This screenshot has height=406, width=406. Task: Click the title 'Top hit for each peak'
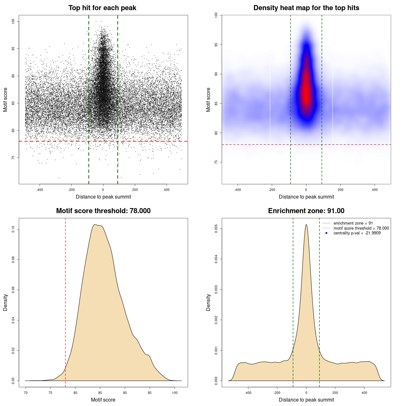pyautogui.click(x=102, y=8)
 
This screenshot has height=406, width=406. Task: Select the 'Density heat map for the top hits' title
pyautogui.click(x=306, y=8)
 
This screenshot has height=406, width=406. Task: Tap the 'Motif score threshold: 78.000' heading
pyautogui.click(x=103, y=211)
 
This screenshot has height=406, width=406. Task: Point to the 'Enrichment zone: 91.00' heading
pyautogui.click(x=306, y=211)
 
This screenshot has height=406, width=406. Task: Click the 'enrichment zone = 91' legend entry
pyautogui.click(x=353, y=223)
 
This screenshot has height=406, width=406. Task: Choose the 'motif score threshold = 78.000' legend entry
pyautogui.click(x=361, y=228)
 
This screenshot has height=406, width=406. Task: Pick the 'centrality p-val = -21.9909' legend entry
pyautogui.click(x=357, y=233)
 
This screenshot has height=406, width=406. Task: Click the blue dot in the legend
pyautogui.click(x=326, y=233)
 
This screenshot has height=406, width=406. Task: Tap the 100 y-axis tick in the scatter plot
pyautogui.click(x=13, y=21)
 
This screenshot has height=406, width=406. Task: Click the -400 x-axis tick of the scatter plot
pyautogui.click(x=40, y=190)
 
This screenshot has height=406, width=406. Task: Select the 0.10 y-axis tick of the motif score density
pyautogui.click(x=13, y=229)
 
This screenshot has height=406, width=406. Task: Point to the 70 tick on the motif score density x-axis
pyautogui.click(x=26, y=393)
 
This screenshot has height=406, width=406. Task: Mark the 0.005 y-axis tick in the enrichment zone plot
pyautogui.click(x=216, y=229)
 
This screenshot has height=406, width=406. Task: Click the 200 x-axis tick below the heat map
pyautogui.click(x=340, y=190)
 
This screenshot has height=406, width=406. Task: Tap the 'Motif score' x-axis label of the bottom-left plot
pyautogui.click(x=103, y=400)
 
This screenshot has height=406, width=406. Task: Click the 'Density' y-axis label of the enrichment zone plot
pyautogui.click(x=208, y=302)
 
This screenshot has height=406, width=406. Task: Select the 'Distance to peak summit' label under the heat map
pyautogui.click(x=306, y=197)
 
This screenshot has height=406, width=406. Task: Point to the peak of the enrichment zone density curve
pyautogui.click(x=306, y=225)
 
